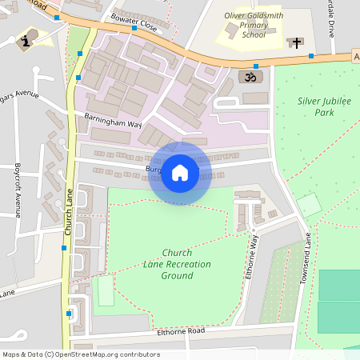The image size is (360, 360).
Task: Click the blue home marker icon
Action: tap(180, 173)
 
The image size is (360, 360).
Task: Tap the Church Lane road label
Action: tap(69, 216)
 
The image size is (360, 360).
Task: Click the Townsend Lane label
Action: tap(305, 258)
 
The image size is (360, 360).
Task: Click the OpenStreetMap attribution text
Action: tap(81, 354)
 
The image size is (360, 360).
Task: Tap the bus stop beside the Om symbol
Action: tap(256, 66)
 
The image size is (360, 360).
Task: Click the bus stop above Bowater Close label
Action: tap(134, 28)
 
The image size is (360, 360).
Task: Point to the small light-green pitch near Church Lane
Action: tap(106, 291)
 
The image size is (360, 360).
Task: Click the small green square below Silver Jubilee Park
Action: tap(309, 205)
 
